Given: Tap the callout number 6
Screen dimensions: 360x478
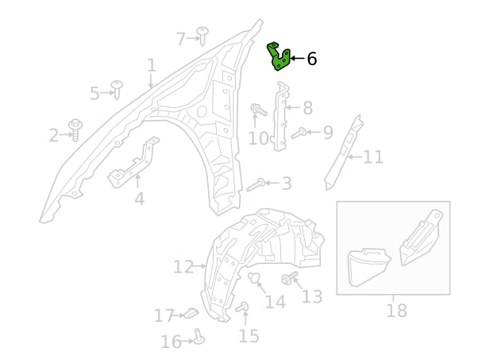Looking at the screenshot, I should click(311, 59).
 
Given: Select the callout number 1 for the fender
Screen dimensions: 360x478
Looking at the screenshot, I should click(151, 65).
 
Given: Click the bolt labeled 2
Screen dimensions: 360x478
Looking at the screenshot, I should click(76, 129).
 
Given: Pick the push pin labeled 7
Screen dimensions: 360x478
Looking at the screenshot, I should click(202, 35).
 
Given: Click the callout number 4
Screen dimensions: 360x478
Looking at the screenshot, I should click(139, 199).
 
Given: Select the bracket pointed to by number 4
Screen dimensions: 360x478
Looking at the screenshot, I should click(135, 163).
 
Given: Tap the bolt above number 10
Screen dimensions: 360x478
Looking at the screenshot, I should click(256, 112).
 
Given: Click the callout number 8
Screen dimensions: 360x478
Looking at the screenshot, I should click(307, 108).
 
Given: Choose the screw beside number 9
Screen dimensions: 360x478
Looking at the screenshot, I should click(300, 133).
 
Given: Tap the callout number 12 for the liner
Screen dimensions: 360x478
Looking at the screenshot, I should click(183, 266).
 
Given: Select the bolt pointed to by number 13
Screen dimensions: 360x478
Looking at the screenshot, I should click(288, 280).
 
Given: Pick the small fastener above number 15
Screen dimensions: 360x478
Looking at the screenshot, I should click(243, 307).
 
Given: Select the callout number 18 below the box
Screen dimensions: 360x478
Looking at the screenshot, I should click(396, 310).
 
